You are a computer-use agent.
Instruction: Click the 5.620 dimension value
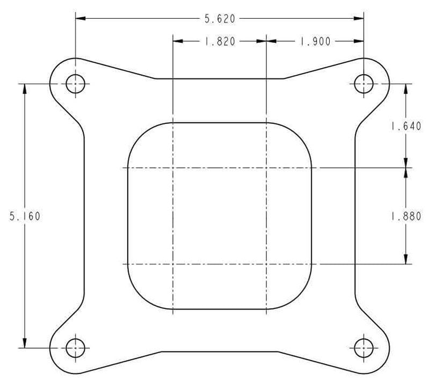(x=220, y=19)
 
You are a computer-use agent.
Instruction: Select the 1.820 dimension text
(x=220, y=41)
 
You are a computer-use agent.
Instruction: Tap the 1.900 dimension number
(x=315, y=41)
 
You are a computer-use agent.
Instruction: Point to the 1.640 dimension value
(x=406, y=127)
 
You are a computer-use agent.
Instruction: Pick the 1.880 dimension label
(x=406, y=216)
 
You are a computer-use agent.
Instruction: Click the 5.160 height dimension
(x=25, y=216)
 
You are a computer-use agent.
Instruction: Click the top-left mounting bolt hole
(x=75, y=84)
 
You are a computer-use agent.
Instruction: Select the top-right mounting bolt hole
(x=364, y=84)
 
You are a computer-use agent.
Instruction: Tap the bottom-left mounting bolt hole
(x=75, y=348)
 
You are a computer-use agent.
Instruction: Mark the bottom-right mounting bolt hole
(x=364, y=348)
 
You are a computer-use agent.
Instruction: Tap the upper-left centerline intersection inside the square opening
(x=172, y=168)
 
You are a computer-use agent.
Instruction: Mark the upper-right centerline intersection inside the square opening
(x=266, y=168)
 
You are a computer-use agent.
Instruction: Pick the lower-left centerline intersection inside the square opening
(x=172, y=264)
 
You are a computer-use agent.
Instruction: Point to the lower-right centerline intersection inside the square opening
(x=266, y=264)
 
